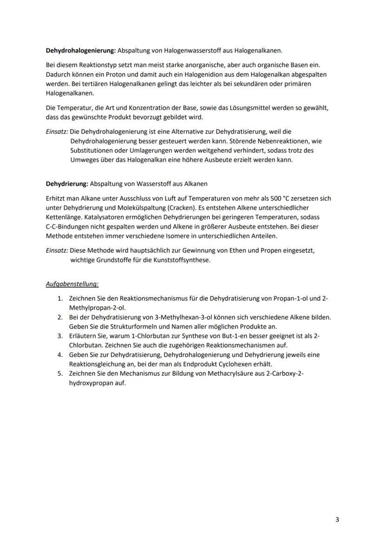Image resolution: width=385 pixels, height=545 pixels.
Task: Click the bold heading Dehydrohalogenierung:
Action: [80, 50]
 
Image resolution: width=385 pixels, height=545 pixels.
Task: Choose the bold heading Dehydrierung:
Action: [66, 183]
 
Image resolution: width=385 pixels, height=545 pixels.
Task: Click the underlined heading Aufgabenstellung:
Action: [72, 283]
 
